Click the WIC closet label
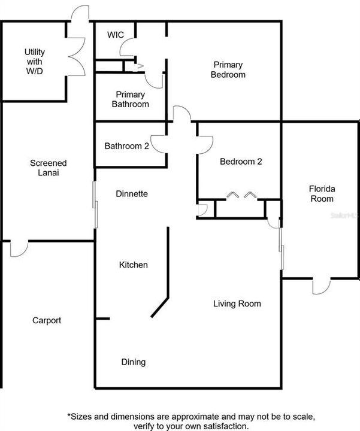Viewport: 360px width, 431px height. coord(116,35)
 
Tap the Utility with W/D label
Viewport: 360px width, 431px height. coord(35,61)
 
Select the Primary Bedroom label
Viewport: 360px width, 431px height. coord(228,69)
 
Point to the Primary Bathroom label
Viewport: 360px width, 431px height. coord(131,99)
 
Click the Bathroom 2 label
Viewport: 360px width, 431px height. coord(127,146)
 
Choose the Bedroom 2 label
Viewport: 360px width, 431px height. coord(241,162)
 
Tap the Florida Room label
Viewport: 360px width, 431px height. coord(322,194)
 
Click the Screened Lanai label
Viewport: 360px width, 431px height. coord(49,168)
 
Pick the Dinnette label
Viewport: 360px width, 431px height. coord(132,194)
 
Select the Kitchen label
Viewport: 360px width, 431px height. coord(134,265)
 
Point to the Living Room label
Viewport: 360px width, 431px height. coord(237,303)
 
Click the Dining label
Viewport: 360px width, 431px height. coord(134,362)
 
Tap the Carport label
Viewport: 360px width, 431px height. coord(47,320)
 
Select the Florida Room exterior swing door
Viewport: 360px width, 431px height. coord(322,286)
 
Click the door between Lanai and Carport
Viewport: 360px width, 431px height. coord(19,249)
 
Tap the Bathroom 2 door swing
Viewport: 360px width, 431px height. coord(159,144)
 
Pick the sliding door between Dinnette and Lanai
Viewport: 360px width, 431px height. coord(95,205)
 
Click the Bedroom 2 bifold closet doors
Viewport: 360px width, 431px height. coord(242,195)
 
